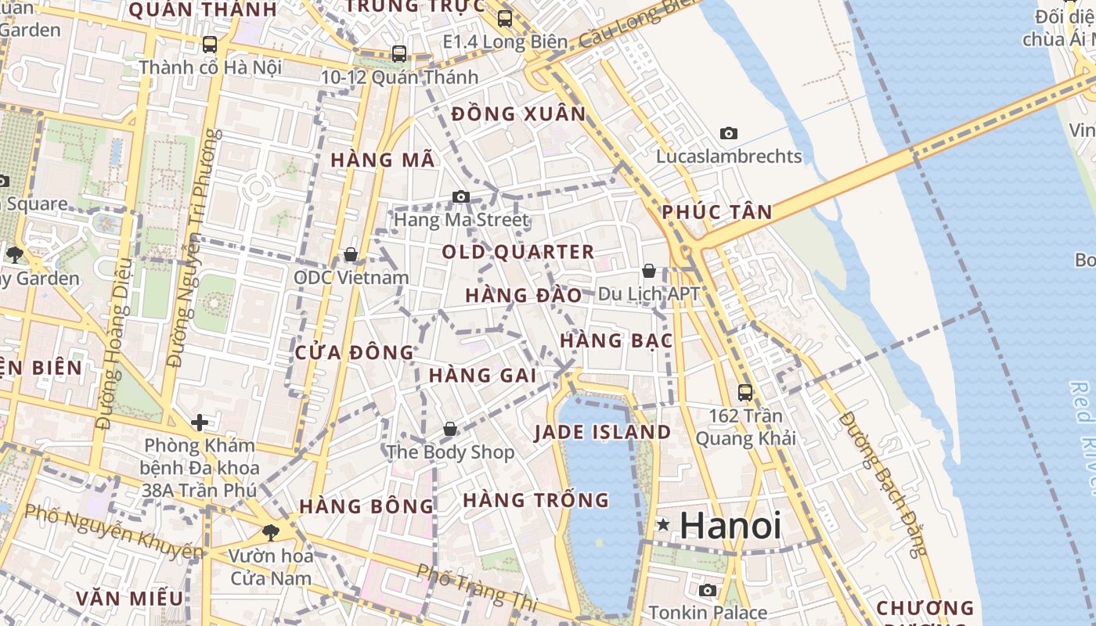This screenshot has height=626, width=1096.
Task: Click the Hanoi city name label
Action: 730,525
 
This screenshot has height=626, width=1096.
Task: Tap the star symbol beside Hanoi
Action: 663,524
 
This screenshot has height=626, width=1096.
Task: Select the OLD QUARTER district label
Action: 518,252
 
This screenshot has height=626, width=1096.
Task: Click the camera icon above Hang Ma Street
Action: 461,196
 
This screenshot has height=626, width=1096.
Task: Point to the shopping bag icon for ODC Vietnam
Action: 351,254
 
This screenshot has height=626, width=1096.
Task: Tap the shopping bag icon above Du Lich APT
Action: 648,271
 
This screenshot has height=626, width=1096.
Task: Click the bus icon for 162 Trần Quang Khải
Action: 745,393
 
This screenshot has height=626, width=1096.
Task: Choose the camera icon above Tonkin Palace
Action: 708,590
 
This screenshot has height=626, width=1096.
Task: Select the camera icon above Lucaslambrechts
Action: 729,134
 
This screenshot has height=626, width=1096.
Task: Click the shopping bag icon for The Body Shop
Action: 450,429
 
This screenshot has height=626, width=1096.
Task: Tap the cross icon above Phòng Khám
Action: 200,423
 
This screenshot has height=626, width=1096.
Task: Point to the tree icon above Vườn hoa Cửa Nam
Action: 271,533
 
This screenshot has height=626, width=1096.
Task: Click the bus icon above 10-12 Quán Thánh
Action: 399,54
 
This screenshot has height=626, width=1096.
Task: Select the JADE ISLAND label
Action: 603,433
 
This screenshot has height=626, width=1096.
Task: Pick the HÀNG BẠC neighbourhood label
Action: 617,340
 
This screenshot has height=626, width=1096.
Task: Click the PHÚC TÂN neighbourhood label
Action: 717,211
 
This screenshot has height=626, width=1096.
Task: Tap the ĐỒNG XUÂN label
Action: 519,114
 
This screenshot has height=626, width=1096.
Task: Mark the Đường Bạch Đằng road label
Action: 881,483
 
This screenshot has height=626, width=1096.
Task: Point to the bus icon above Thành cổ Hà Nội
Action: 210,45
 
